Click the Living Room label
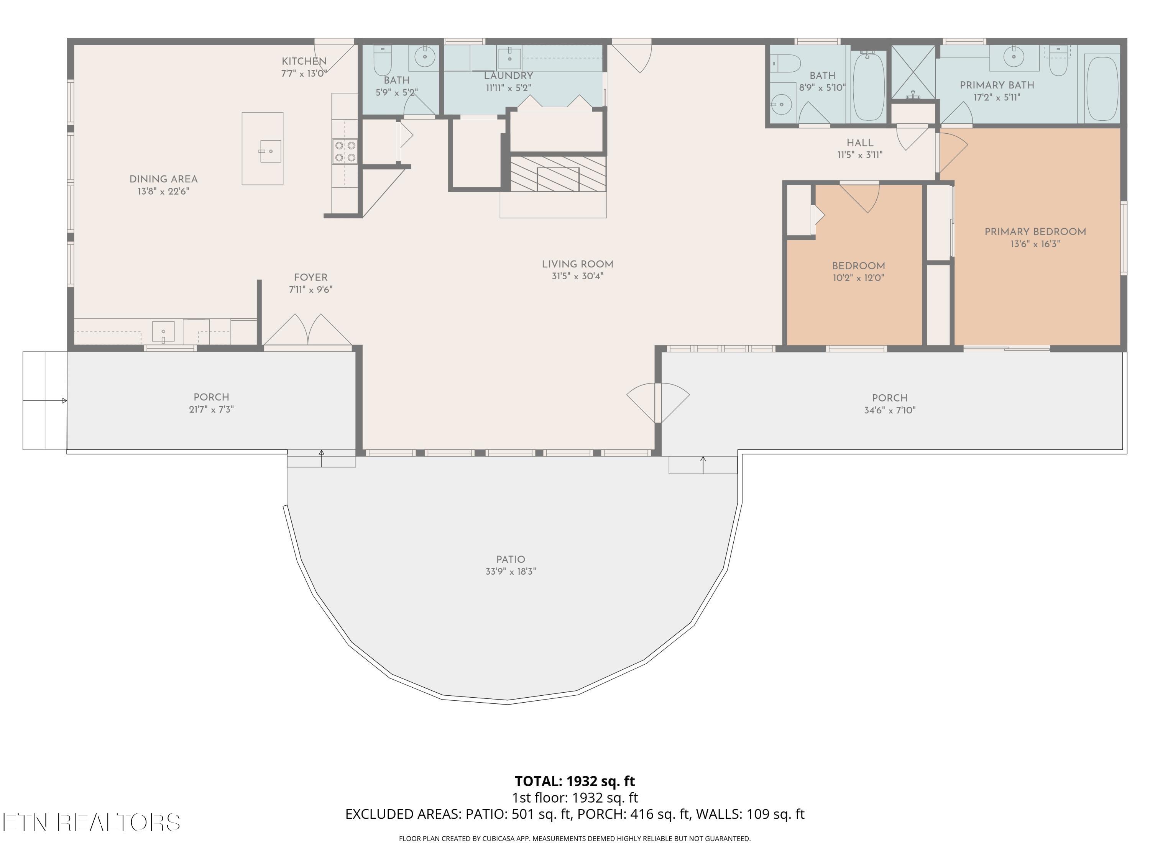577,264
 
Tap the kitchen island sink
270,151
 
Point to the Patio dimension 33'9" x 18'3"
511,572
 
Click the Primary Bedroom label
1035,232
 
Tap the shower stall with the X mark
913,72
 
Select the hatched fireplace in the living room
558,174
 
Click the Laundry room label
508,76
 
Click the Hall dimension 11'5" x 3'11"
860,155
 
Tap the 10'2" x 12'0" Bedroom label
858,266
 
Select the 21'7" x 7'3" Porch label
211,398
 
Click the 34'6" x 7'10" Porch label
890,398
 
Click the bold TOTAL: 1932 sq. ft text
575,781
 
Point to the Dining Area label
163,179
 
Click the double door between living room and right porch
658,403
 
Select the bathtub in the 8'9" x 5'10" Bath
868,86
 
